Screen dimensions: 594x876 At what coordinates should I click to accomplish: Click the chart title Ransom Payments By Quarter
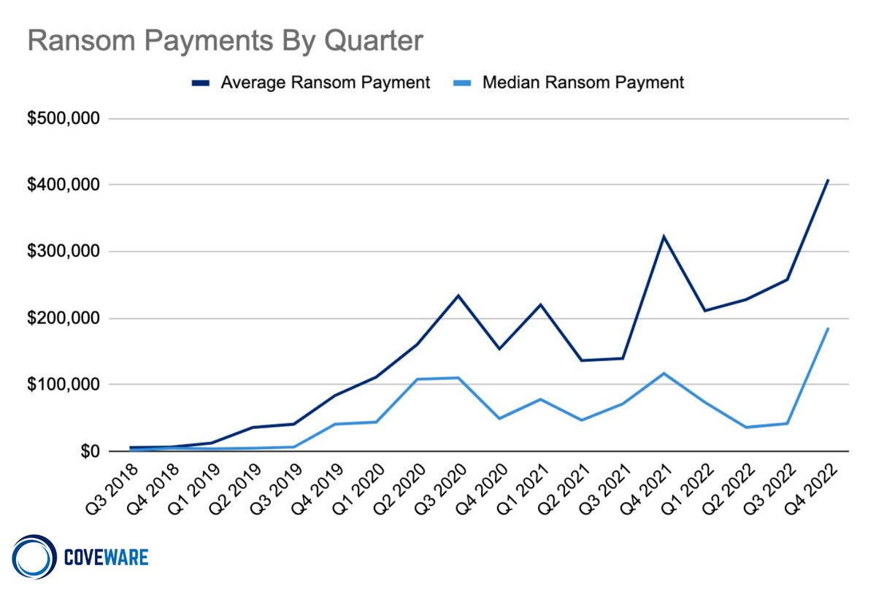[x=225, y=41]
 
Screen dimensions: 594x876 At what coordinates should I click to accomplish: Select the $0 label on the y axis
[x=88, y=452]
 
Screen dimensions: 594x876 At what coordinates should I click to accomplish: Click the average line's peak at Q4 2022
[x=828, y=180]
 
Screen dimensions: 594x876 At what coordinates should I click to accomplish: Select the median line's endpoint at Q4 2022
[x=828, y=328]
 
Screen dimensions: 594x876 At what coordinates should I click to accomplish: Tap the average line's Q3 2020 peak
[x=458, y=296]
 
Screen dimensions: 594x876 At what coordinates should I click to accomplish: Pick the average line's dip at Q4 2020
[x=499, y=349]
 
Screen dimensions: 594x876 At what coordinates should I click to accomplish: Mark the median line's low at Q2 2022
[x=746, y=428]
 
